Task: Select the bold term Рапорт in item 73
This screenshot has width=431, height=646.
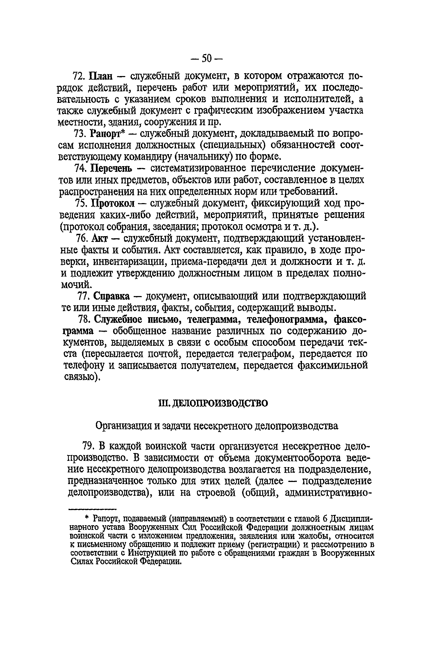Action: click(x=106, y=134)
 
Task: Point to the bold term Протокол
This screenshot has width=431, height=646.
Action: click(x=113, y=204)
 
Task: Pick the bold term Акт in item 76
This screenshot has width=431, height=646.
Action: click(x=100, y=238)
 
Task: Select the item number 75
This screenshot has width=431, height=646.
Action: click(x=81, y=204)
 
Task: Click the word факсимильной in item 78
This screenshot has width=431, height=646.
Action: click(x=333, y=366)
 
